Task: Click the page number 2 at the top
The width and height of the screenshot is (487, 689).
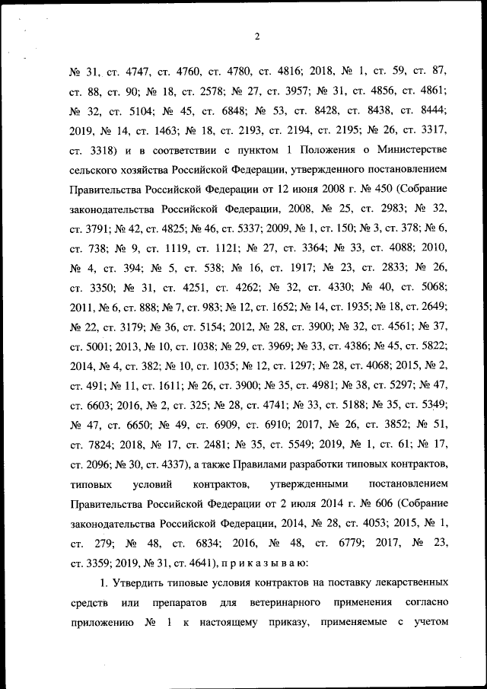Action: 258,36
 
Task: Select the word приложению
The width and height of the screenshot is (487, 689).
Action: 99,623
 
